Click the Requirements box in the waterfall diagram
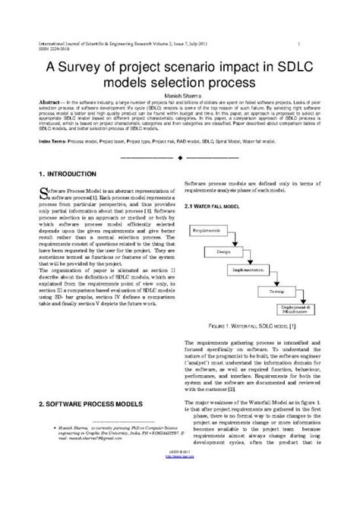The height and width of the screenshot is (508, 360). click(x=207, y=229)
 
